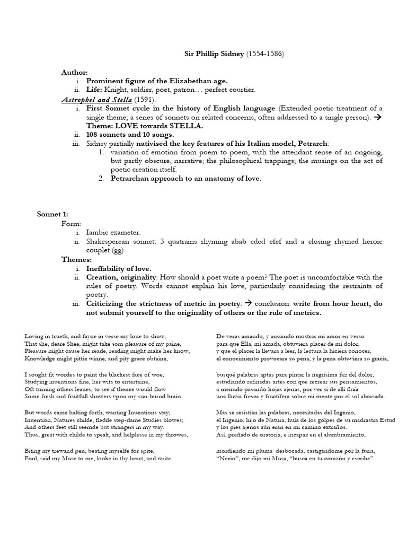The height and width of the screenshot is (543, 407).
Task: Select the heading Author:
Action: point(74,72)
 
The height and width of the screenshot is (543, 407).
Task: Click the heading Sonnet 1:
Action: point(52,215)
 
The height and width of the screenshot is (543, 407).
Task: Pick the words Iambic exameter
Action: point(114,232)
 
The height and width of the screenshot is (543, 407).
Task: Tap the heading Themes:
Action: point(77,259)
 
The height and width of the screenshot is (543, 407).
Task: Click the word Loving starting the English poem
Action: point(34,337)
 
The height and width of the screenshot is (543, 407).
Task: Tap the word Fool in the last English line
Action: point(30,458)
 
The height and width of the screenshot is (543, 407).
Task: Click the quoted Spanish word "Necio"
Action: point(229,458)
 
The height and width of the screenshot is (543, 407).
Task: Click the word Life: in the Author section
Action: point(96,90)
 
